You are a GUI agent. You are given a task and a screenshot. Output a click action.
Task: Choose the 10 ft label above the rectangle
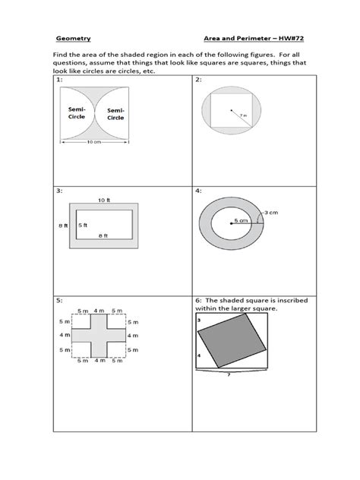click(103, 200)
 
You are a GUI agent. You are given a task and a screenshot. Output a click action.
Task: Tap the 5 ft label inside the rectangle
click(81, 226)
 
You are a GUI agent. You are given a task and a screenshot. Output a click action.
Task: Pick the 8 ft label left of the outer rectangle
click(63, 226)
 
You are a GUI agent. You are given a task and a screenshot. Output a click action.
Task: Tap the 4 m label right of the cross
click(133, 335)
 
